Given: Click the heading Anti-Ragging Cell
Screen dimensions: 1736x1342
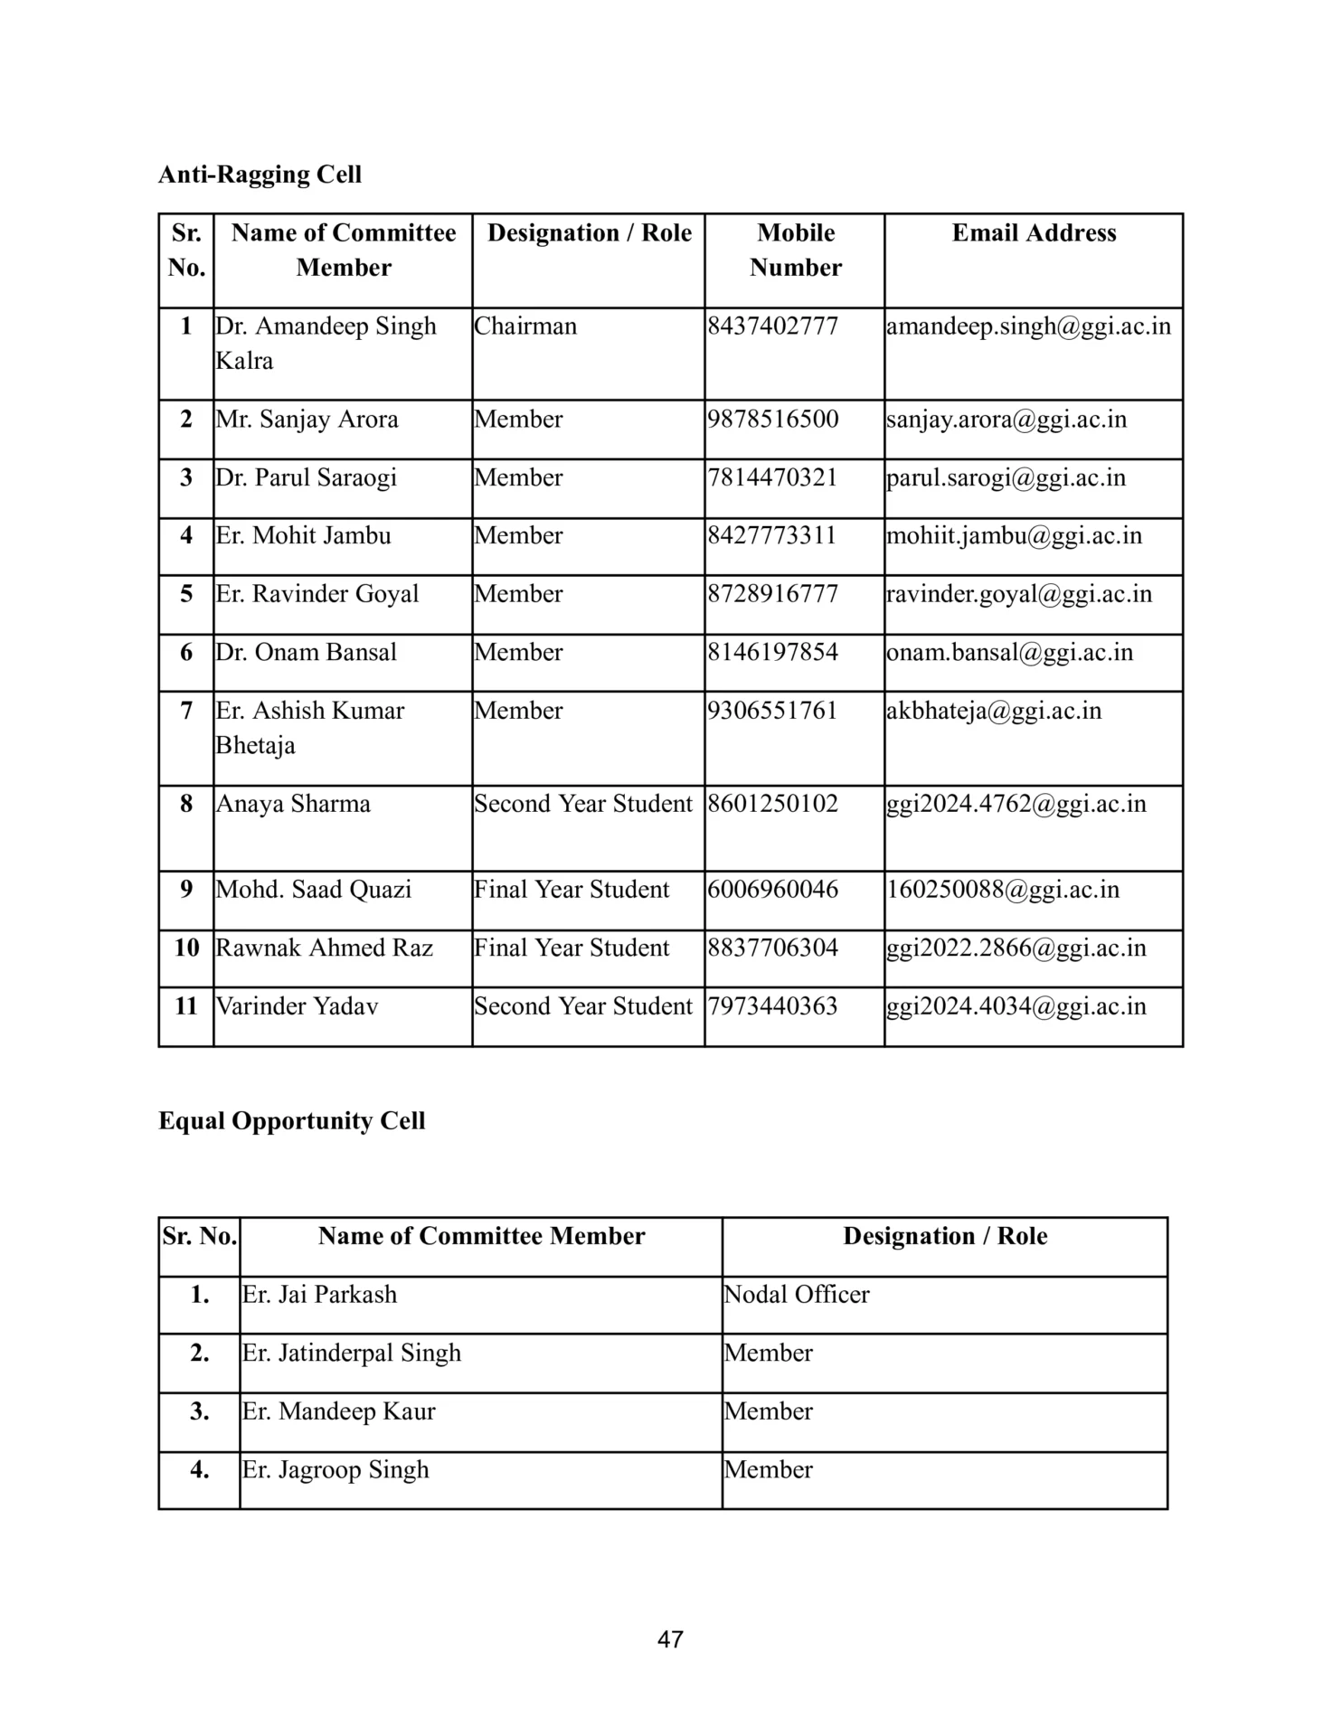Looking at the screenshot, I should [260, 175].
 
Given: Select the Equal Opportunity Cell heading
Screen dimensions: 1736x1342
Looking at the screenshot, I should [291, 1121].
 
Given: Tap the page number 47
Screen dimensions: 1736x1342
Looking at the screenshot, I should [670, 1639].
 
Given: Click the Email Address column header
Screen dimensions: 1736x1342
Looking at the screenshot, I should [1034, 233].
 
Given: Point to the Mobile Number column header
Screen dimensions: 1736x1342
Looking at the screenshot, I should [795, 250].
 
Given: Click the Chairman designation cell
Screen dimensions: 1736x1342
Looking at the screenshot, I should [525, 326].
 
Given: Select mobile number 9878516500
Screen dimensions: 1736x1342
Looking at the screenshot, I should [773, 420].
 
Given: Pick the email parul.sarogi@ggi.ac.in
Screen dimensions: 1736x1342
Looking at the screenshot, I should [1006, 477].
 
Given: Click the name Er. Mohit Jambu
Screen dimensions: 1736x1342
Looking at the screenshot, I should [303, 536].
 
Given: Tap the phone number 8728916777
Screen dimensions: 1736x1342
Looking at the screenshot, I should [773, 594].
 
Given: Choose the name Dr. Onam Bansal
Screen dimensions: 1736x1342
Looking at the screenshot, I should [306, 653].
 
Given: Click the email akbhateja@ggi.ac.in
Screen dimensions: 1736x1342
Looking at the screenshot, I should [994, 711].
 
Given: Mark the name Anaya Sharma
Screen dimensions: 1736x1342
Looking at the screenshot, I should [293, 804].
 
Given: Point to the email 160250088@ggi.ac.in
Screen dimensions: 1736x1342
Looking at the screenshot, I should [1003, 890].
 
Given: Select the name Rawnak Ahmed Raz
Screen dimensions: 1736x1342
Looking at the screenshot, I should [324, 948].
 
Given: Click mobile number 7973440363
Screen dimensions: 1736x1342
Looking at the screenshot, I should [773, 1006].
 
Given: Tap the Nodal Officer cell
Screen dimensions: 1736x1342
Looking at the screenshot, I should [797, 1295].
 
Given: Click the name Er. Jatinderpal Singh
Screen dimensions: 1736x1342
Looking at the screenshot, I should [352, 1354].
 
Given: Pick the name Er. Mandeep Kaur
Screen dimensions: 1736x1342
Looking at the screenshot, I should [339, 1411].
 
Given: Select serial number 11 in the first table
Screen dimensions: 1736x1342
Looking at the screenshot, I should [186, 1006].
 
